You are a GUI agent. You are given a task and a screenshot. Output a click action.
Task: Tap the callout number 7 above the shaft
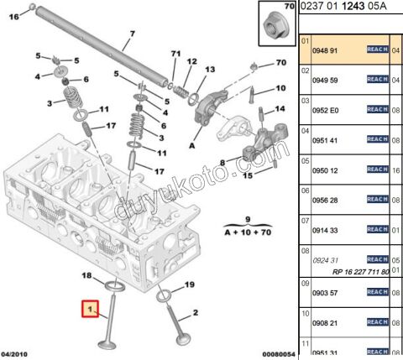point(130,36)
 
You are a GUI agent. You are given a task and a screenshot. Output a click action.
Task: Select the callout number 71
point(175,55)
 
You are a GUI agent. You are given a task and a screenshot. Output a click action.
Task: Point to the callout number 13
point(210,69)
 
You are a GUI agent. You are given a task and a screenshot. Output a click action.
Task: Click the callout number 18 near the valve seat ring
point(86,275)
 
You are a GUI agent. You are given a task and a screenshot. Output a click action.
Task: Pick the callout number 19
point(189,284)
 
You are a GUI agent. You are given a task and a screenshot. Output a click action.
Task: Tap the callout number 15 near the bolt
point(247,176)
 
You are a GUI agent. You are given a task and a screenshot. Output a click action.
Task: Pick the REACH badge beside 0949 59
point(377,80)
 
